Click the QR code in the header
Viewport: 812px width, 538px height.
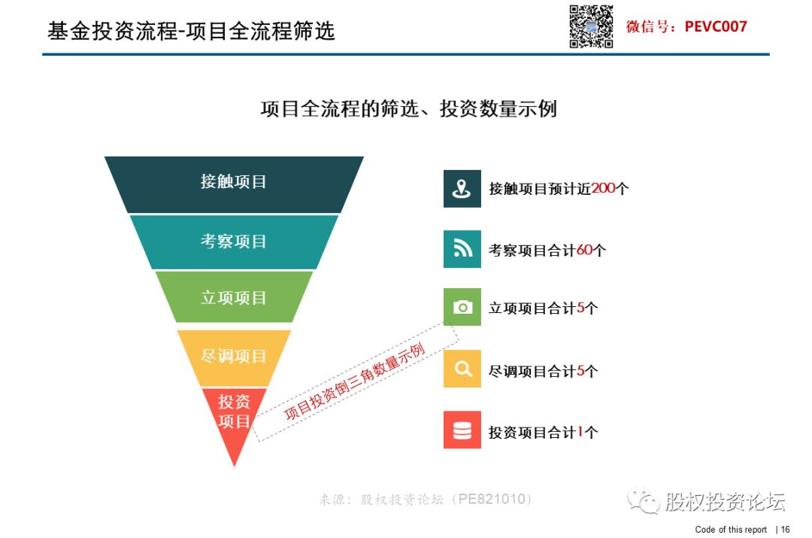591,26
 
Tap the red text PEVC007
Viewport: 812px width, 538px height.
716,26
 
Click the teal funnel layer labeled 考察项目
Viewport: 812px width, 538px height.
234,242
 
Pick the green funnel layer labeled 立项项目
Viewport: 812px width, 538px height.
234,297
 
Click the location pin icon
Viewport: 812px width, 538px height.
462,189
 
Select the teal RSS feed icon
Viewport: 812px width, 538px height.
462,249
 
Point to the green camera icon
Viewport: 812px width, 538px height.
462,307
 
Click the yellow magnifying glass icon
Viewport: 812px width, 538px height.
462,369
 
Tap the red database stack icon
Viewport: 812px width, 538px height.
462,430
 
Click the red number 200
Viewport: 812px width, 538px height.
603,188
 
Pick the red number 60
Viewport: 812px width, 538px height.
585,250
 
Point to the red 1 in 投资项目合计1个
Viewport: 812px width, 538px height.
580,432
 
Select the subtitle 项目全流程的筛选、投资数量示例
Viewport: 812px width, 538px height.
408,109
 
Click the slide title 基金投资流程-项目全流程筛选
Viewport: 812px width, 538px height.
191,31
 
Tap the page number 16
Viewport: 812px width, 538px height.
785,529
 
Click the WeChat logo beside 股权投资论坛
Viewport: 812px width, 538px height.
643,500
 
